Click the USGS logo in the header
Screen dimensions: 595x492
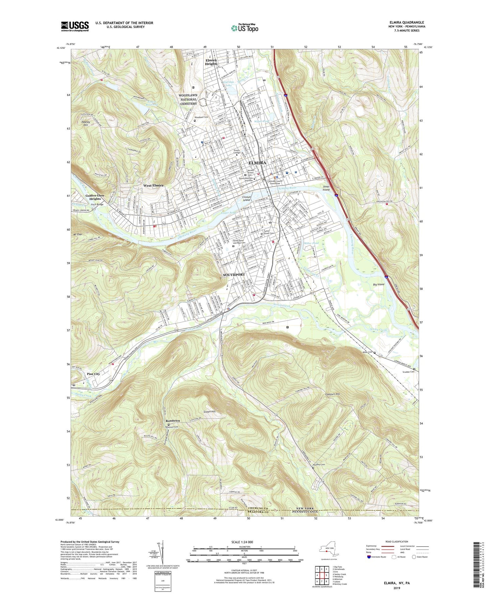75,26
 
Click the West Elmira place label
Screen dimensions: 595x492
153,185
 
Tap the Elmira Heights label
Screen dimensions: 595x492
211,62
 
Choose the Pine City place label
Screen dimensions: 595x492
93,374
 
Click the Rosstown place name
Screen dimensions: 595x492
173,421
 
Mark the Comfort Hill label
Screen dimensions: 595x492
332,394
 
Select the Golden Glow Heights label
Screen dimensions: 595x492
95,197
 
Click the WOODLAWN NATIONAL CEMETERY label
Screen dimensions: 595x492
188,100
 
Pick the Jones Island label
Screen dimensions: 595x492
326,188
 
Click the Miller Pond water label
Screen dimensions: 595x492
311,243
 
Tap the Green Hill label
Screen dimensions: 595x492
209,412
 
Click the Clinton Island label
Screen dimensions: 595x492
246,198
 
